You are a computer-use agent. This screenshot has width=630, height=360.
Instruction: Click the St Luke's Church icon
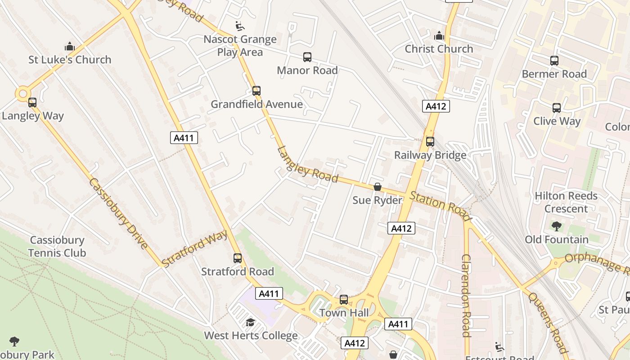pyautogui.click(x=69, y=46)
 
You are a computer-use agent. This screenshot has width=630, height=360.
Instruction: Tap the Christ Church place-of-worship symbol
pyautogui.click(x=439, y=36)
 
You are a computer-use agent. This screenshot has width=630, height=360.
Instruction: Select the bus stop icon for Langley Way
pyautogui.click(x=32, y=103)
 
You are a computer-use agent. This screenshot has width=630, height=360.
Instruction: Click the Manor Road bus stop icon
pyautogui.click(x=307, y=57)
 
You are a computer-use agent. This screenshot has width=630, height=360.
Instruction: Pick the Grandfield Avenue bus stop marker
pyautogui.click(x=256, y=91)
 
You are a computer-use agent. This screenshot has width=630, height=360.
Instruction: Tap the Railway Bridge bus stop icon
pyautogui.click(x=430, y=142)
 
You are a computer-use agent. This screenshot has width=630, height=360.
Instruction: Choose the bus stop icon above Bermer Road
pyautogui.click(x=554, y=61)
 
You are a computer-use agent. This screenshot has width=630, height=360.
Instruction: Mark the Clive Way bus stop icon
pyautogui.click(x=557, y=108)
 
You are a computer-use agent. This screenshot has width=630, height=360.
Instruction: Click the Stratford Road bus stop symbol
pyautogui.click(x=238, y=258)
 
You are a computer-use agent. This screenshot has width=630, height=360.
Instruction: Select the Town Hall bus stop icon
pyautogui.click(x=344, y=300)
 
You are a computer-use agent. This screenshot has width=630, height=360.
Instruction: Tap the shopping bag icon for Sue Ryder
pyautogui.click(x=378, y=187)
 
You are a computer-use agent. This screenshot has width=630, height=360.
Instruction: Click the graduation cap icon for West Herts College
pyautogui.click(x=250, y=322)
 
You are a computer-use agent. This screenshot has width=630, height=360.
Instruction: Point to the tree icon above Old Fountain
pyautogui.click(x=557, y=226)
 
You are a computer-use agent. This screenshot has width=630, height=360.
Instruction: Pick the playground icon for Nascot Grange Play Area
pyautogui.click(x=240, y=26)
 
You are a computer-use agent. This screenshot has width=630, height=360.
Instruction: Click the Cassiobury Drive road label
pyautogui.click(x=118, y=214)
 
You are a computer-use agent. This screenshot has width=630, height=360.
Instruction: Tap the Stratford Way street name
pyautogui.click(x=194, y=248)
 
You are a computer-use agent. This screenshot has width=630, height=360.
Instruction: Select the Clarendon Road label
pyautogui.click(x=466, y=295)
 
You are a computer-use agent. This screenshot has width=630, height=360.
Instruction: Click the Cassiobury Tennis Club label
pyautogui.click(x=57, y=247)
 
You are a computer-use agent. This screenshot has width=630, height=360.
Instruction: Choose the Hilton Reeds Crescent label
pyautogui.click(x=566, y=202)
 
